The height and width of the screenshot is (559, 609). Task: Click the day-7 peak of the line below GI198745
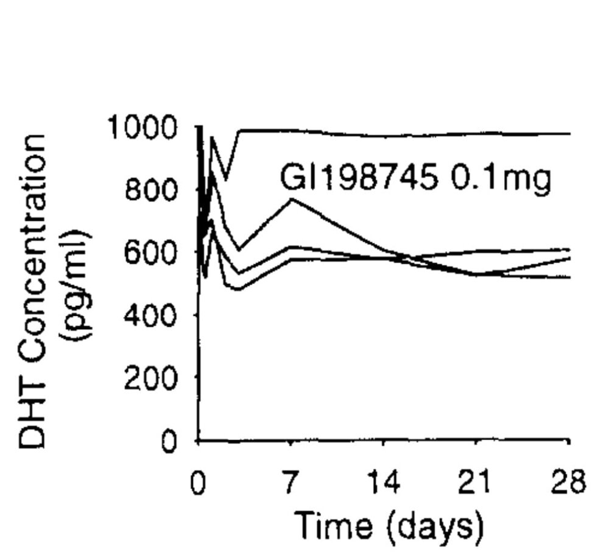click(x=292, y=199)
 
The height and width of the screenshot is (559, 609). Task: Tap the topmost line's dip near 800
click(x=226, y=179)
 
